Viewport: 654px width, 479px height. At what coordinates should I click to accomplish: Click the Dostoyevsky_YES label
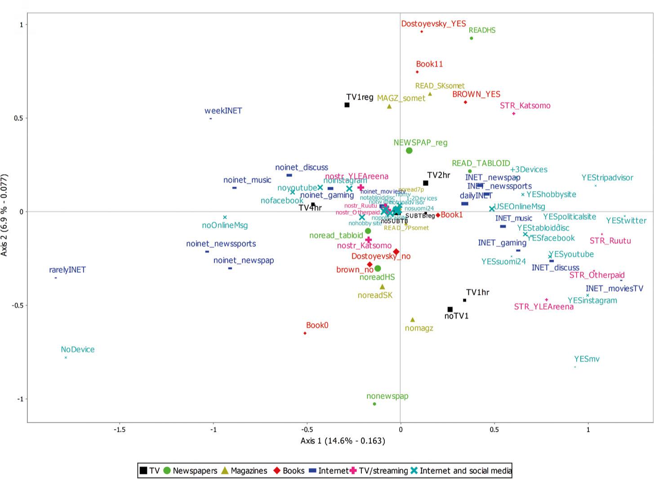pyautogui.click(x=433, y=24)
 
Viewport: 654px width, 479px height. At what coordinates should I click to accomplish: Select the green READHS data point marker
pyautogui.click(x=471, y=38)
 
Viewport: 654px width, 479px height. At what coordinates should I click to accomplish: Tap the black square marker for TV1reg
pyautogui.click(x=347, y=105)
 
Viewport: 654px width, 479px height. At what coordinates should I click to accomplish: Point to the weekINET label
pyautogui.click(x=223, y=111)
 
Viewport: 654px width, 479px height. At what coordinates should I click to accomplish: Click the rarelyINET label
pyautogui.click(x=67, y=270)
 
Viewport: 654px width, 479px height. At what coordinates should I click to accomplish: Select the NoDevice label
pyautogui.click(x=78, y=349)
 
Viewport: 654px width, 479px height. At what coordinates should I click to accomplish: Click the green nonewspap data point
pyautogui.click(x=374, y=404)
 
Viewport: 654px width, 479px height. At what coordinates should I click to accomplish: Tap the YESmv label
pyautogui.click(x=587, y=359)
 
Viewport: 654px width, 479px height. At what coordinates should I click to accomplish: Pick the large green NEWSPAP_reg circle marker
pyautogui.click(x=409, y=150)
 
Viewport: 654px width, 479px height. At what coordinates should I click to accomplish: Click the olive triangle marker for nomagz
pyautogui.click(x=413, y=320)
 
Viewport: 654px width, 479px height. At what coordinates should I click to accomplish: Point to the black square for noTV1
pyautogui.click(x=450, y=309)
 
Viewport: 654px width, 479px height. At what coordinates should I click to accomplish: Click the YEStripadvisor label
pyautogui.click(x=607, y=178)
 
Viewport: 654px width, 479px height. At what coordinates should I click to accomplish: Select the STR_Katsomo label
pyautogui.click(x=525, y=106)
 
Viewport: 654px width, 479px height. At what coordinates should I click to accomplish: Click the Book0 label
pyautogui.click(x=317, y=325)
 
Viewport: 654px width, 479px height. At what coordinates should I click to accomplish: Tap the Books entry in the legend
pyautogui.click(x=293, y=471)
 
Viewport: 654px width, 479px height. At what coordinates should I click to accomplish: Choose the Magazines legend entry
pyautogui.click(x=249, y=471)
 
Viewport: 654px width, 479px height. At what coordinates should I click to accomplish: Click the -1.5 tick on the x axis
pyautogui.click(x=120, y=429)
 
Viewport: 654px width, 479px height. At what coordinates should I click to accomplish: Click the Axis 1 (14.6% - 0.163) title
pyautogui.click(x=343, y=441)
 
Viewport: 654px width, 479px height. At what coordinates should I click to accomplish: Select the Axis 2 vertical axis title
pyautogui.click(x=4, y=215)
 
